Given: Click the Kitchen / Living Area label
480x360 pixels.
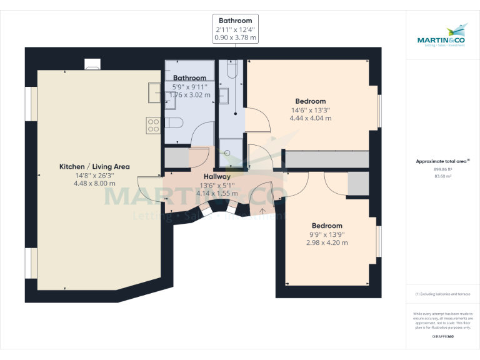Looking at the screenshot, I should (x=94, y=166).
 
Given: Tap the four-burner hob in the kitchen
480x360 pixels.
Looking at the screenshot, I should (x=154, y=125).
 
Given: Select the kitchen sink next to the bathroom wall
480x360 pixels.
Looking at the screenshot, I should (x=155, y=92).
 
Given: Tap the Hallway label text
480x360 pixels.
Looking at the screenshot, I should (x=217, y=177).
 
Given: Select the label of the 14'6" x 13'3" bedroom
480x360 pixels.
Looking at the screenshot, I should (x=310, y=101).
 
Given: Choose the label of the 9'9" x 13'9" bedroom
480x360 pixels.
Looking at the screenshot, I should (x=327, y=226).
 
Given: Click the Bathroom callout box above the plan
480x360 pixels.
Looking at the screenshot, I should (x=235, y=29).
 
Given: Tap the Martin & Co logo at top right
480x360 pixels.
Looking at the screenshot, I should (x=442, y=36).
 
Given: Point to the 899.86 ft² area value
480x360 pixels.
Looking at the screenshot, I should (x=442, y=169).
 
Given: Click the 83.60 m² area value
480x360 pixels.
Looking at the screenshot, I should (x=442, y=176).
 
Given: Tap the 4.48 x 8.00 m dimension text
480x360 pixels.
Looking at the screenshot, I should (x=94, y=184).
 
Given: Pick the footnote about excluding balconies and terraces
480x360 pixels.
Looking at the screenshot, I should (x=442, y=294).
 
